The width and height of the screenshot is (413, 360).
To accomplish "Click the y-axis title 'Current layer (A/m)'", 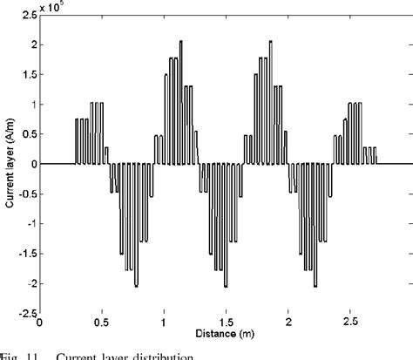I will (x=8, y=164).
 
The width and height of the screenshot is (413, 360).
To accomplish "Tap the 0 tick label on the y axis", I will (x=32, y=164).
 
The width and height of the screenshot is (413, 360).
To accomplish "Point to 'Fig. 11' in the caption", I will (x=17, y=354).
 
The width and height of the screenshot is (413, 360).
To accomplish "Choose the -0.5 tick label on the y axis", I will (x=24, y=194).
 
